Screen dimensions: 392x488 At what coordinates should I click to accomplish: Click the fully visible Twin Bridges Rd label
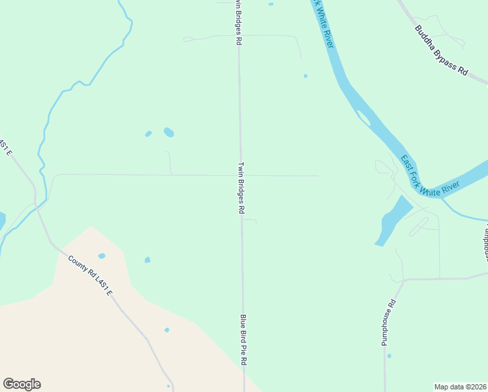[241, 188]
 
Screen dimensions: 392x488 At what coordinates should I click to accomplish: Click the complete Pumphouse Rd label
[389, 323]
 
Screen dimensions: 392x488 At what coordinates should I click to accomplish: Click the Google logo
[22, 384]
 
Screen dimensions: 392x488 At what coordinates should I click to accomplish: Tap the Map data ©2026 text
[461, 387]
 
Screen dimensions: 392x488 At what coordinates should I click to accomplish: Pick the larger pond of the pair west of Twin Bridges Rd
[169, 132]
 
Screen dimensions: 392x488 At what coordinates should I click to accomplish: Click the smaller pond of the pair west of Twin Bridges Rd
[148, 134]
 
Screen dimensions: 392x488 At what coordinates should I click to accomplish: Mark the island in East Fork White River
[363, 118]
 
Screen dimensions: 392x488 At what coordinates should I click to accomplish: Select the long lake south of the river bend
[393, 221]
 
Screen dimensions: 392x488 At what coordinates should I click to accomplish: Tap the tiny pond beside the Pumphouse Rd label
[389, 356]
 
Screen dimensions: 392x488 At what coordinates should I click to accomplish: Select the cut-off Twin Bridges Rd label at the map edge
[239, 22]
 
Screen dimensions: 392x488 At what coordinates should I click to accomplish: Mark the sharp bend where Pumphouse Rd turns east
[404, 280]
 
